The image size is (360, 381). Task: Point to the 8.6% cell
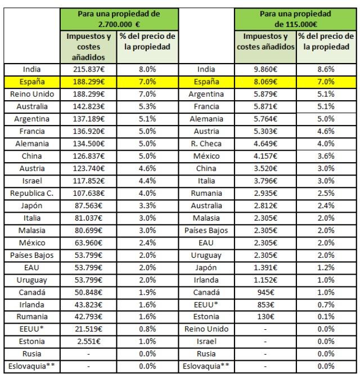point(326,69)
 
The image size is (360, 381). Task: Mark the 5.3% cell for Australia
point(147,106)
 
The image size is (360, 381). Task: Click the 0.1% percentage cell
point(326,317)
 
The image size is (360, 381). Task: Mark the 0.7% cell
point(326,304)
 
